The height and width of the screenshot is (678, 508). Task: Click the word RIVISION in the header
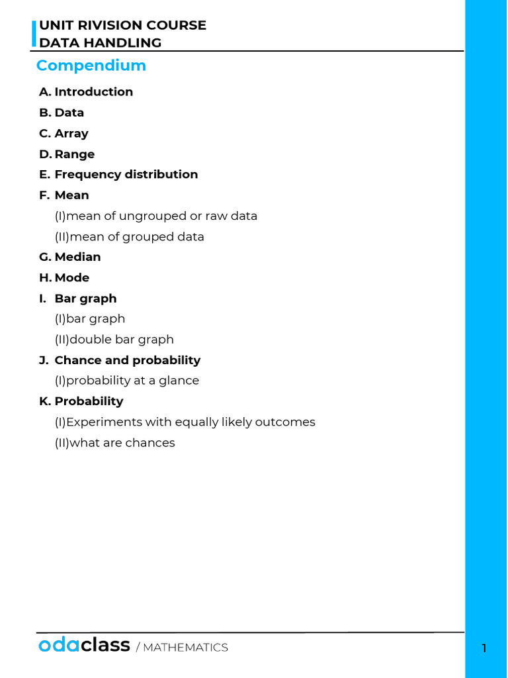coord(105,25)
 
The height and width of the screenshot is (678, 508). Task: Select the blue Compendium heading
coord(91,66)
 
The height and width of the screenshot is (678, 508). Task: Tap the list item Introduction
coord(93,92)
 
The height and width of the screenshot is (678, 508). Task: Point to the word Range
coord(75,154)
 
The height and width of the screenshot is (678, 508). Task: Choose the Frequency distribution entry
coord(126,174)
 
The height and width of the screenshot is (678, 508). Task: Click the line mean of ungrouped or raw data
coord(156,216)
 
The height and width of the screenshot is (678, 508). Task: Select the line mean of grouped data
coord(130,236)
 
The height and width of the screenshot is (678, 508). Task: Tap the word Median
coord(77,257)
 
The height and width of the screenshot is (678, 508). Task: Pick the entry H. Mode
coord(64,277)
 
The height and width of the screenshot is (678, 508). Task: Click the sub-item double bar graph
coord(114,339)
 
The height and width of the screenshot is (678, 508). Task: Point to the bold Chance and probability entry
coord(127,360)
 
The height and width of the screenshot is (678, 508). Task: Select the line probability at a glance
coord(127,380)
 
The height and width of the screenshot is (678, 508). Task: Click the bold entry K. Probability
coord(81,401)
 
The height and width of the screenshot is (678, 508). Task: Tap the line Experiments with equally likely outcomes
coord(185,422)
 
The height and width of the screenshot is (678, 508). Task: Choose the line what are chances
coord(115,442)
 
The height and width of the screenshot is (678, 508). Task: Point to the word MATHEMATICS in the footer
coord(185,648)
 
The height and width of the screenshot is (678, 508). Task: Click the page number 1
coord(484,648)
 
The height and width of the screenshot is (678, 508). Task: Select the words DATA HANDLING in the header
coord(101,43)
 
